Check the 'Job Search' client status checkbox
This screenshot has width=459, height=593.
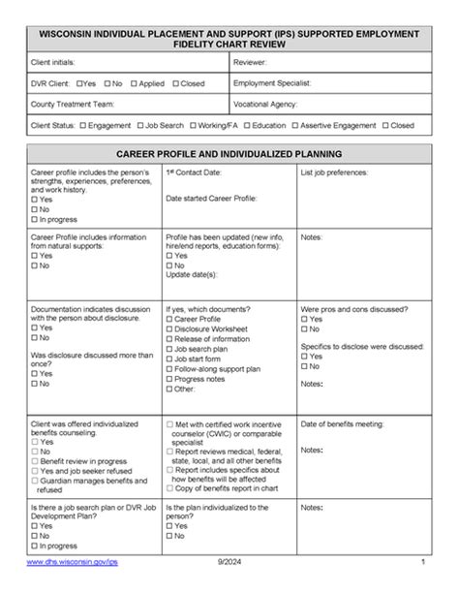point(140,125)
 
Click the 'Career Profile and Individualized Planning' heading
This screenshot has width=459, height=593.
point(229,154)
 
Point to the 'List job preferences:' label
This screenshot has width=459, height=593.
point(334,172)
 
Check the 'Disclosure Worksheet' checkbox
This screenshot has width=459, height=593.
point(169,328)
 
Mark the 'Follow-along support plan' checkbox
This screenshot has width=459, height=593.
point(169,368)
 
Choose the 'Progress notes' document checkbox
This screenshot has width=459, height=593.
point(169,379)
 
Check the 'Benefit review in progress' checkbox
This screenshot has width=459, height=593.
point(35,461)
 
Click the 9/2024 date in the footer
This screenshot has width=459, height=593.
point(227,563)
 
